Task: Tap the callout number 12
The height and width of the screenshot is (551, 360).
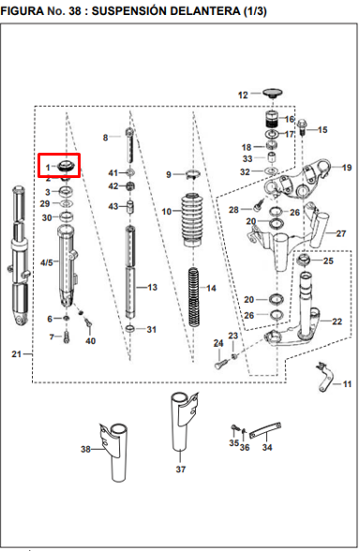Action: coord(243,96)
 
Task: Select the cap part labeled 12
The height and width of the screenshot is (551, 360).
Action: coord(273,93)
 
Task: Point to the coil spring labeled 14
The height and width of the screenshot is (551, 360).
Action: coord(194,296)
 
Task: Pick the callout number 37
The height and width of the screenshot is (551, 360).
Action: coord(181,469)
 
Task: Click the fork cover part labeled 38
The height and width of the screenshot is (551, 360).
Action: coord(113,453)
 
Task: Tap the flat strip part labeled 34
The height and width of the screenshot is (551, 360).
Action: coord(265,430)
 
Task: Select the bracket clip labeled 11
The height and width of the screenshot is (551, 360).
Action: coord(324,377)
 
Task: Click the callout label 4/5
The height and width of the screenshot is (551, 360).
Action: coord(47,262)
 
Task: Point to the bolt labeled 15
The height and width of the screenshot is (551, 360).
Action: coord(302,128)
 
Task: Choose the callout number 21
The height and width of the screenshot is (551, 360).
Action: coord(17,354)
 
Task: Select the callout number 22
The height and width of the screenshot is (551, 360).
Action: coord(337,321)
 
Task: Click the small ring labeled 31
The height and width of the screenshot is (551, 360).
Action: coord(130,329)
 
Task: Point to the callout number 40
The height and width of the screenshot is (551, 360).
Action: coord(90,340)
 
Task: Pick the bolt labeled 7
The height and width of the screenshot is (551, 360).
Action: coord(67,337)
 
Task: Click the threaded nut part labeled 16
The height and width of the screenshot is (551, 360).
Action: coord(271,120)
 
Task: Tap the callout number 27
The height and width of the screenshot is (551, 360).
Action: coord(341,233)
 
